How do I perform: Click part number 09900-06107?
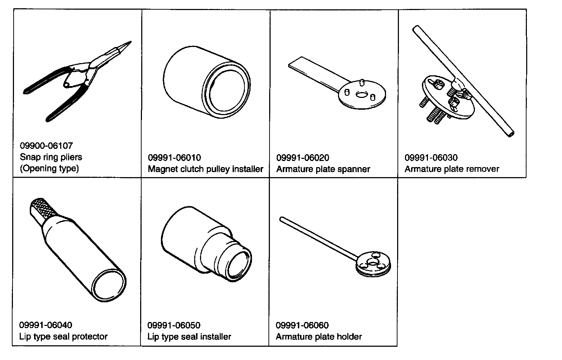click(x=46, y=146)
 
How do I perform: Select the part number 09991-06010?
click(x=175, y=158)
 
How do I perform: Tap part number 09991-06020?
click(x=303, y=158)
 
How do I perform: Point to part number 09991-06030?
click(x=431, y=158)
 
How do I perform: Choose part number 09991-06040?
click(x=46, y=325)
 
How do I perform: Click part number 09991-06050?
click(x=174, y=326)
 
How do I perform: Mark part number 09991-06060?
click(x=302, y=325)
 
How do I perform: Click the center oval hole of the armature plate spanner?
click(x=361, y=95)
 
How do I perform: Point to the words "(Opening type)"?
click(x=49, y=169)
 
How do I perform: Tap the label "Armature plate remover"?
click(x=452, y=169)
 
